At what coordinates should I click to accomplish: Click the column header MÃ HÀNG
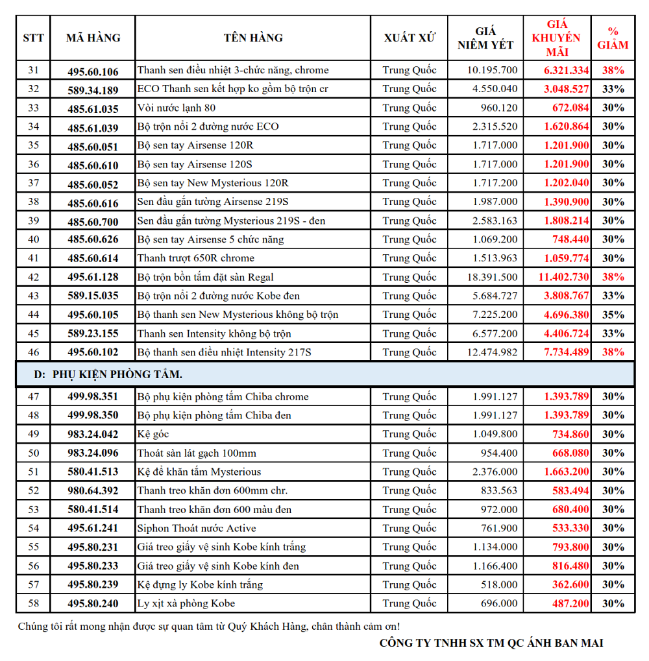pyautogui.click(x=93, y=38)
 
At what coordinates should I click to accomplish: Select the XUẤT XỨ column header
pyautogui.click(x=409, y=38)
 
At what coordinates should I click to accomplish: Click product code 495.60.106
pyautogui.click(x=93, y=71)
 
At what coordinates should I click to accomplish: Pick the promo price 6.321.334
pyautogui.click(x=566, y=71)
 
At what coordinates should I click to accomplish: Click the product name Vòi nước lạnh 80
pyautogui.click(x=177, y=108)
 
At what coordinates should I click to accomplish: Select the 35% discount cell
pyautogui.click(x=613, y=315)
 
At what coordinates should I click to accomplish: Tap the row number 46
pyautogui.click(x=34, y=352)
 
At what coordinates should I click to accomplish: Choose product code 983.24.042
pyautogui.click(x=93, y=434)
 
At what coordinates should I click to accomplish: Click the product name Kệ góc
pyautogui.click(x=153, y=434)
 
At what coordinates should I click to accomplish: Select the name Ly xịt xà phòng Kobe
pyautogui.click(x=186, y=604)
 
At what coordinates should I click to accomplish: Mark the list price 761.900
pyautogui.click(x=499, y=528)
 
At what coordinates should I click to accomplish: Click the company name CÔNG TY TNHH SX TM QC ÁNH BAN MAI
pyautogui.click(x=491, y=643)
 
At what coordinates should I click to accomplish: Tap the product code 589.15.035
pyautogui.click(x=93, y=296)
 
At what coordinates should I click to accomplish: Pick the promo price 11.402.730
pyautogui.click(x=563, y=277)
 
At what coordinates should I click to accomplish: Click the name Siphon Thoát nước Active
pyautogui.click(x=197, y=528)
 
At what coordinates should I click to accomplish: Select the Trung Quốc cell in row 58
pyautogui.click(x=409, y=604)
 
